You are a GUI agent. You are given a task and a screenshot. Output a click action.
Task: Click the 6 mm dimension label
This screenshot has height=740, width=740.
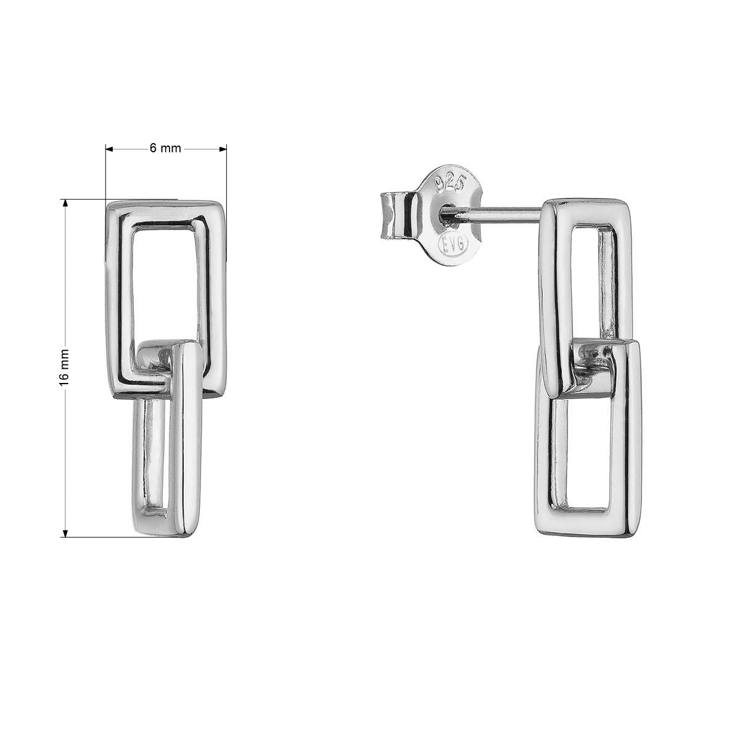(x=165, y=148)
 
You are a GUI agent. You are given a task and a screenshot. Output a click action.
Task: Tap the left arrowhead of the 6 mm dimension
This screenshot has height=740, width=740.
(x=109, y=149)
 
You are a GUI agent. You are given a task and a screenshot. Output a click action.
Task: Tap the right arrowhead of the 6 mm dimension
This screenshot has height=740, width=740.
(x=223, y=149)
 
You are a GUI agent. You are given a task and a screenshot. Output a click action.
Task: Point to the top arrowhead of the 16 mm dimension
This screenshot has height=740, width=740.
(x=65, y=203)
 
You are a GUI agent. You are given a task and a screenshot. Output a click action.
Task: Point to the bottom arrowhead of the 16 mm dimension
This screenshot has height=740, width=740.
(x=65, y=533)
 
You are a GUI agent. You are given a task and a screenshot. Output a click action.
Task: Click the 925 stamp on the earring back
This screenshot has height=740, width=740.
(x=451, y=185)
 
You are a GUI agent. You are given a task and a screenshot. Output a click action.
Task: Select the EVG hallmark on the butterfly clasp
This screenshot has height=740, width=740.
(x=453, y=242)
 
